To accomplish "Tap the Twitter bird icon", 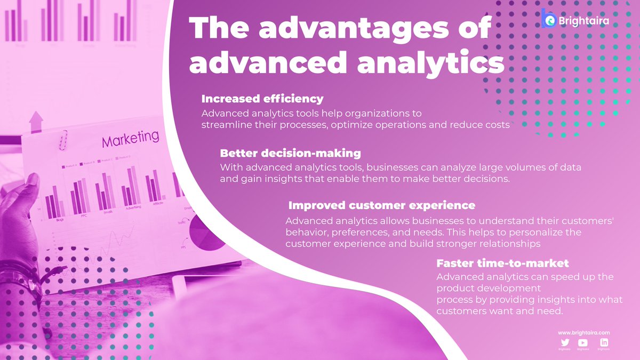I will pos(564,342).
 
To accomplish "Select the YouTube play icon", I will pos(582,342).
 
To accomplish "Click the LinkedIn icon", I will pos(604,342).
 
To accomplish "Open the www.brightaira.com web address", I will pos(583,332).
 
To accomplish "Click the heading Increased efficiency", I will pos(262,99).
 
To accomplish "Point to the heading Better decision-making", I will pos(290,153).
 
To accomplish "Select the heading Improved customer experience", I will pos(381,205).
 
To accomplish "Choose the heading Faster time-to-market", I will pos(502,263).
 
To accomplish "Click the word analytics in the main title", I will pos(430,63).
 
